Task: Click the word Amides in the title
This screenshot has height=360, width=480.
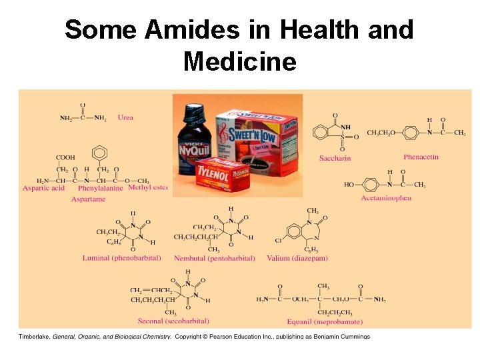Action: tap(175, 30)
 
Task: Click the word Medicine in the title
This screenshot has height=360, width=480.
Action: tap(239, 62)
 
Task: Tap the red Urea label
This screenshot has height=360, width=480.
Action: tap(125, 117)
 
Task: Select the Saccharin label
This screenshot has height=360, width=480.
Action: tap(335, 158)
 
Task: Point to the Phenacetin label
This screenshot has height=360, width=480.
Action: tap(421, 157)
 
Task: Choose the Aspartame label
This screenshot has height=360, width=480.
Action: tap(88, 199)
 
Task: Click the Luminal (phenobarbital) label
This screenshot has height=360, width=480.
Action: tap(121, 257)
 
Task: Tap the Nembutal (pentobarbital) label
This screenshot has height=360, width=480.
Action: tap(214, 258)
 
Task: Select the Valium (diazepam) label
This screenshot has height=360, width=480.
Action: tap(297, 258)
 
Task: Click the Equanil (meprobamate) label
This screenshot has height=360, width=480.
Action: tap(325, 322)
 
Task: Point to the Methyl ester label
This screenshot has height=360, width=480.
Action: tap(148, 188)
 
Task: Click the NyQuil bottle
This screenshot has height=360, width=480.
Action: tap(193, 147)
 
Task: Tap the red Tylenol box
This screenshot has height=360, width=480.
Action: tap(222, 175)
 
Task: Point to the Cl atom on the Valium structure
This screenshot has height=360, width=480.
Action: tap(278, 240)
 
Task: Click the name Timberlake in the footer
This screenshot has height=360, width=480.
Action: tap(34, 337)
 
